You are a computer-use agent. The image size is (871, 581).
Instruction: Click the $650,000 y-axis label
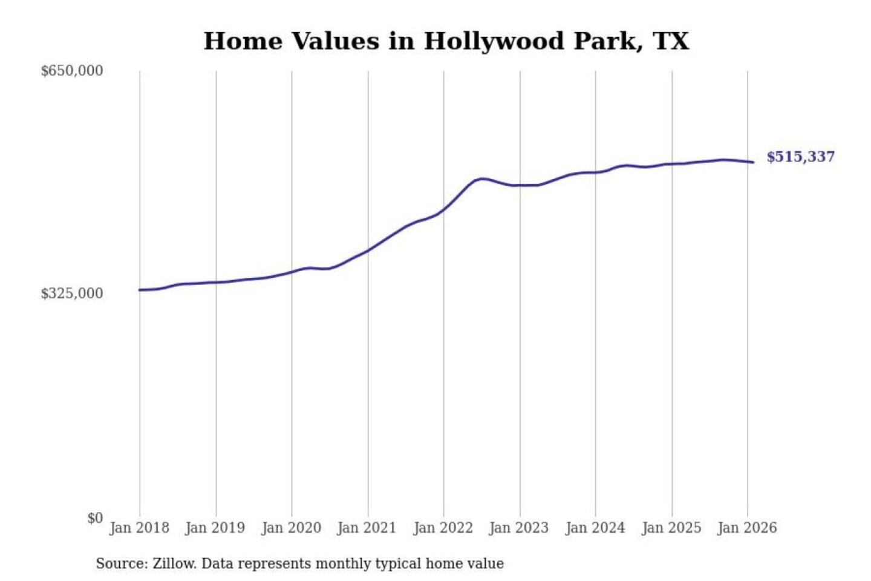click(x=71, y=71)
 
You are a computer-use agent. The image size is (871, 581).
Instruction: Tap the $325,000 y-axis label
click(x=71, y=294)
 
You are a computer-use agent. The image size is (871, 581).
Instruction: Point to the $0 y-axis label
click(x=95, y=518)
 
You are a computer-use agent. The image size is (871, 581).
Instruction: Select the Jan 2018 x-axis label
click(x=139, y=528)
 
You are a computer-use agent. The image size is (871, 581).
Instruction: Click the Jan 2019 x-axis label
click(x=215, y=528)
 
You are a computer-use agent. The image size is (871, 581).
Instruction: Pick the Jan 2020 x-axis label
click(x=291, y=528)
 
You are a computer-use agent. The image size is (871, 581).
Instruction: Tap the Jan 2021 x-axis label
click(x=367, y=528)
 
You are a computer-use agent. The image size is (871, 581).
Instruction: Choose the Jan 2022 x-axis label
click(x=443, y=528)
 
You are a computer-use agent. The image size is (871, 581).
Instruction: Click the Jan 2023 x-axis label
click(x=519, y=528)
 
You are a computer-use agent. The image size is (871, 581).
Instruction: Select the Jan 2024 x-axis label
click(x=595, y=528)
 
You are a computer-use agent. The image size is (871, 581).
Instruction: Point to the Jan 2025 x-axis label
click(x=671, y=528)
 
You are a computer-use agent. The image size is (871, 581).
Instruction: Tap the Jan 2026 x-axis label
click(x=747, y=528)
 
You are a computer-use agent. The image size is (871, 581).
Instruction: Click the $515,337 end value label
click(x=800, y=157)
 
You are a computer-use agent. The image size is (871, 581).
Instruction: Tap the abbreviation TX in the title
click(x=671, y=41)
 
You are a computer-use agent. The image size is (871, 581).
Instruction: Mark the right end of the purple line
click(x=753, y=162)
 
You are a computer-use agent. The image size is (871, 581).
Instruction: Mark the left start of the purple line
click(x=140, y=290)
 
